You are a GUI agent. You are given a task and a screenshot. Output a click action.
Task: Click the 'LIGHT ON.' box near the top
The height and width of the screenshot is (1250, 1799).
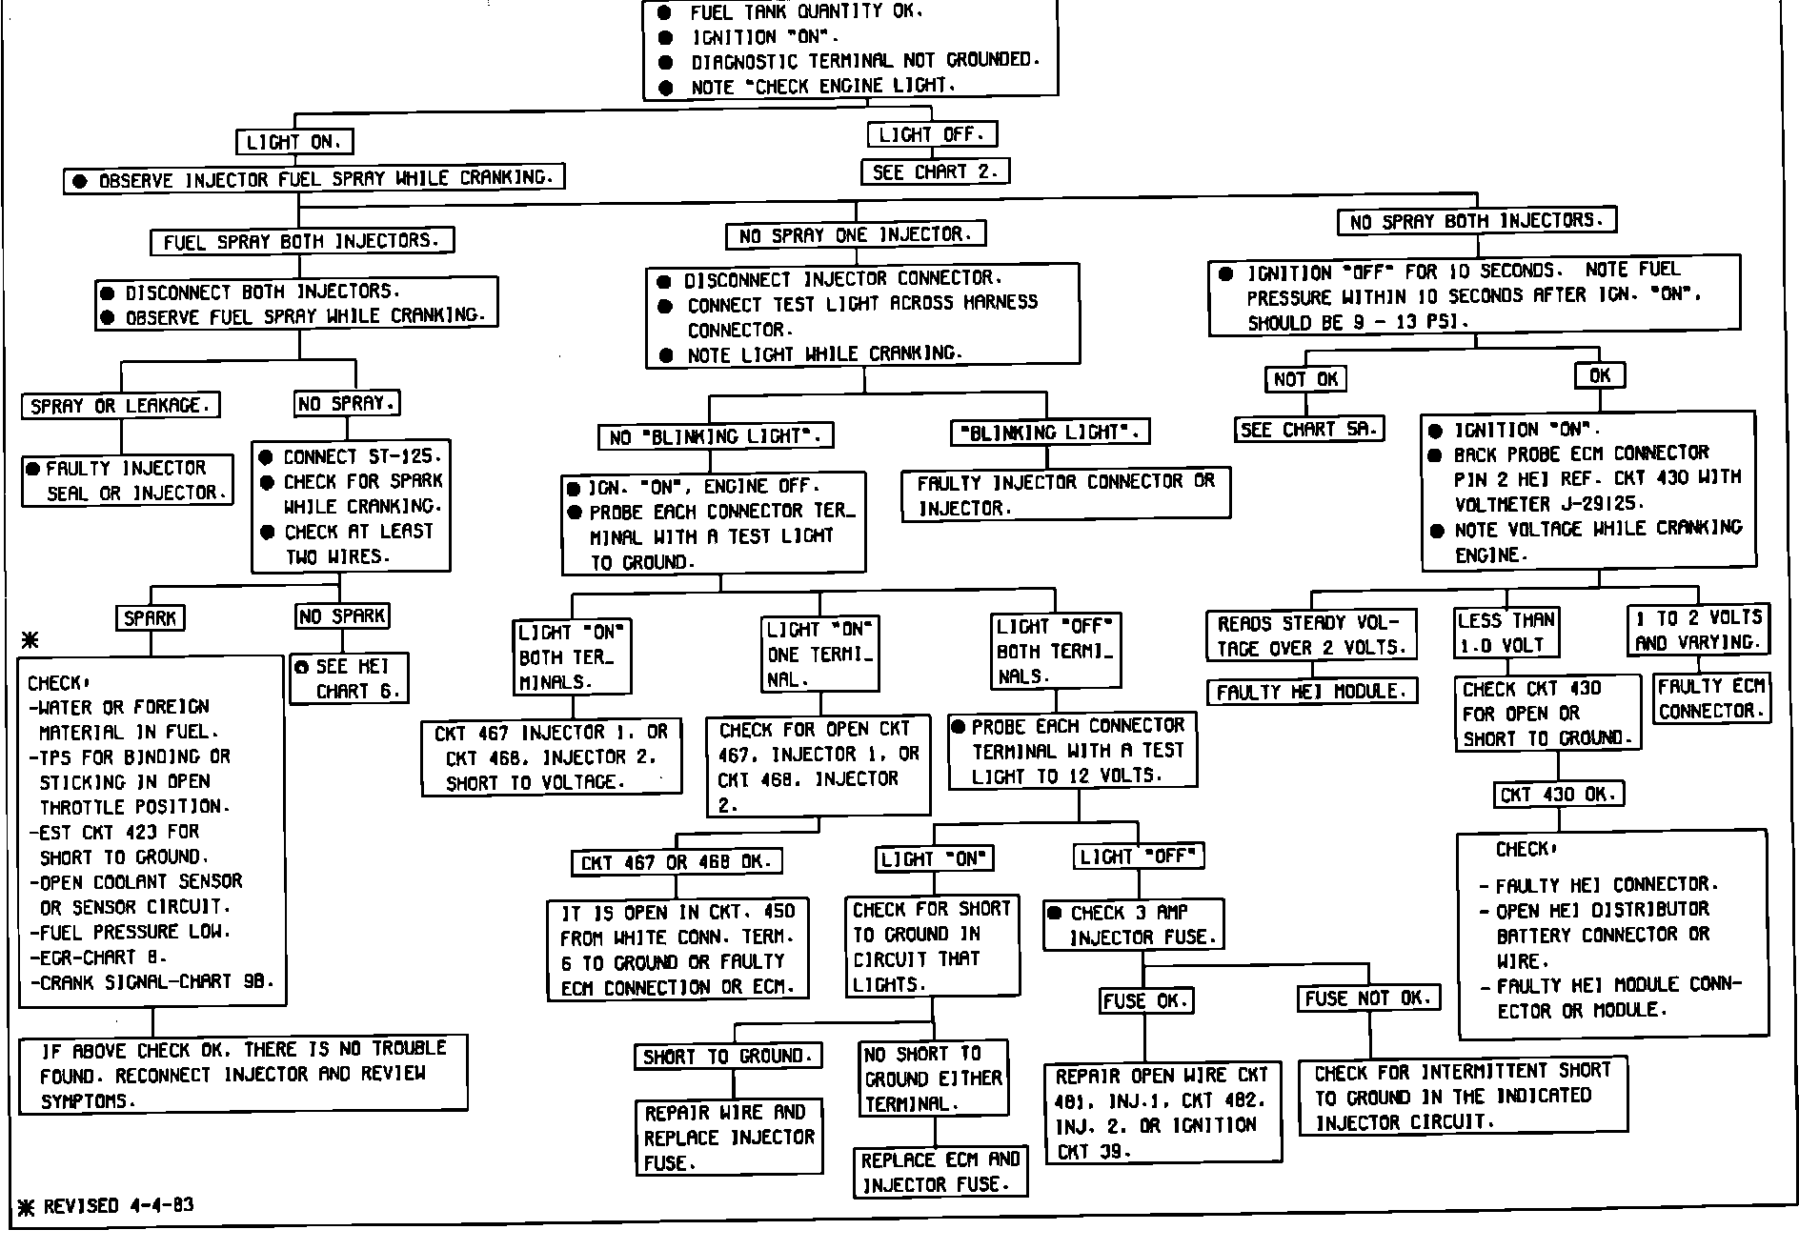pos(294,142)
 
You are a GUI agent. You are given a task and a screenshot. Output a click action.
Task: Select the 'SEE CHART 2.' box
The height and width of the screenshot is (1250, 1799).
pos(935,172)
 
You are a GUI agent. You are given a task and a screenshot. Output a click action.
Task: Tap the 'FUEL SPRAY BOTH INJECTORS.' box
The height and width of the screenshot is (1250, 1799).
pos(301,242)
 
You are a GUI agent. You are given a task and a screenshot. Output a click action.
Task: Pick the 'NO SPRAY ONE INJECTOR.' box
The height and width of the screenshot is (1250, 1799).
pos(856,235)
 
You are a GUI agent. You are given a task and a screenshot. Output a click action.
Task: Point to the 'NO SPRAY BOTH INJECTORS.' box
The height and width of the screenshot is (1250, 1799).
pos(1477,222)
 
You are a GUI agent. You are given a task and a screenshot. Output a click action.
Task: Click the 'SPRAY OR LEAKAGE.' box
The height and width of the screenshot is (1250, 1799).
pos(120,406)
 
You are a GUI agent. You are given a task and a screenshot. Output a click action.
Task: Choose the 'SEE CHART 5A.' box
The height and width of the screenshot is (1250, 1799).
pos(1309,430)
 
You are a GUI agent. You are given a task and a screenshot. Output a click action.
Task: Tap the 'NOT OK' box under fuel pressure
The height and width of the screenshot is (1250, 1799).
pos(1306,379)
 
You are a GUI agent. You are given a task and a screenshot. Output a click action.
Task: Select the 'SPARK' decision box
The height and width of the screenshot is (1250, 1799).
pos(151,618)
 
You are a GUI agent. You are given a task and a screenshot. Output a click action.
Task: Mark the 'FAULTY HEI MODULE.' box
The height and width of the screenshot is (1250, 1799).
pos(1311,692)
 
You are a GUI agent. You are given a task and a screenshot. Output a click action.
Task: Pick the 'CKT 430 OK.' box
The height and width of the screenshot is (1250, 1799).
pos(1558,795)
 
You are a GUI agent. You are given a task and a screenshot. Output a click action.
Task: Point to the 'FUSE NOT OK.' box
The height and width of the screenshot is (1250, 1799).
pos(1368,998)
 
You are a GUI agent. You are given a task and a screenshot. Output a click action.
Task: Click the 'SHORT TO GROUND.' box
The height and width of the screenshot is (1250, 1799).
pos(728,1057)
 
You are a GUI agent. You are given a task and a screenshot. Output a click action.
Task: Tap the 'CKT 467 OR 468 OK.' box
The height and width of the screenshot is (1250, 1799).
pos(677,862)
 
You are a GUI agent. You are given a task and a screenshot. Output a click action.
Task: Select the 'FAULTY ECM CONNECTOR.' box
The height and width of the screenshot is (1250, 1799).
pos(1711,698)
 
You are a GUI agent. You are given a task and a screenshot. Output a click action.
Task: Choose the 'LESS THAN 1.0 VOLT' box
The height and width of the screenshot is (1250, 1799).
pos(1506,633)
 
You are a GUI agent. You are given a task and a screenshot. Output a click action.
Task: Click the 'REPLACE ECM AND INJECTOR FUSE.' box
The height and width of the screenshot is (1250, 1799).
pos(940,1172)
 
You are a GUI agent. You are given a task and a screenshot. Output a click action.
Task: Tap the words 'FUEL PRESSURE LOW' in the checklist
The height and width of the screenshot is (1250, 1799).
pos(134,932)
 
